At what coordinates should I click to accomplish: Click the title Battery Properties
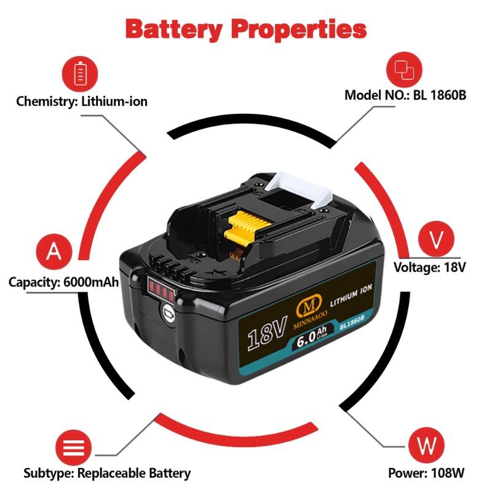246,28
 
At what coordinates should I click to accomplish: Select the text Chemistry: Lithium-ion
82,101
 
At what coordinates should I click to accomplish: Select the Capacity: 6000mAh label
63,282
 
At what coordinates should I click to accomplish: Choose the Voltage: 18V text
430,268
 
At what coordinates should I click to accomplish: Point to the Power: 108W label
426,473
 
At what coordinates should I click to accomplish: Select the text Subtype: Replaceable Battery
107,473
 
